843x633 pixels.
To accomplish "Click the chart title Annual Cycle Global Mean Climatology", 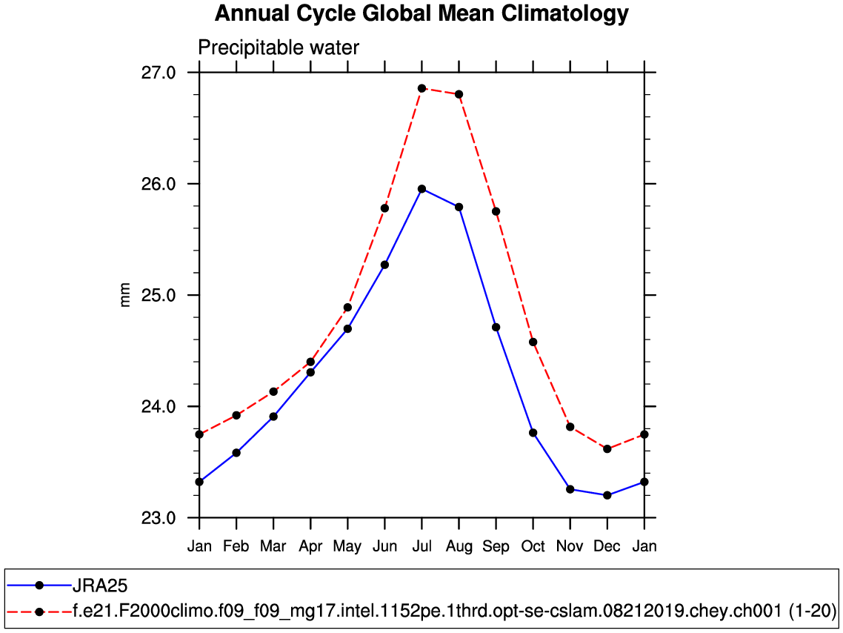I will (x=421, y=13).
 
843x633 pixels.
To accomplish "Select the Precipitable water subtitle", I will (x=279, y=48).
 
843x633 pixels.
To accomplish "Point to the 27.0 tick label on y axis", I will (x=159, y=73).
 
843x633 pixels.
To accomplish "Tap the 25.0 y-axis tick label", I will (x=159, y=295).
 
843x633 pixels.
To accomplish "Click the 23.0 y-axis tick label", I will (x=159, y=517).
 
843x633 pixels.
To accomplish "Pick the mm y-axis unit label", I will (x=125, y=295).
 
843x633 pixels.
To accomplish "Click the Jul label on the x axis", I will (x=421, y=547).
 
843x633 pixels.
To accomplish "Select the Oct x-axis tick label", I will (x=533, y=547).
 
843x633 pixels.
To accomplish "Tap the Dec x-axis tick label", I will (x=607, y=547).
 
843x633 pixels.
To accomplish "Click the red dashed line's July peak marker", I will (x=421, y=88).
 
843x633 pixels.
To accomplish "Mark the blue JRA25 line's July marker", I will (x=421, y=189).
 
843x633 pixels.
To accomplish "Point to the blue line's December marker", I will (x=607, y=495).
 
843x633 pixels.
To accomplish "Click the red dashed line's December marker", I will (x=607, y=449).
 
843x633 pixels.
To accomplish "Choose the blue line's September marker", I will (x=496, y=327).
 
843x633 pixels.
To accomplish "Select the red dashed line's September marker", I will (x=496, y=211).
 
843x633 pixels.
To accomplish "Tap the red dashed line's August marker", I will (x=459, y=94).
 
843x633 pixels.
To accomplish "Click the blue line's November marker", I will (x=570, y=489).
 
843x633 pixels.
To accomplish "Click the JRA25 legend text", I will (x=100, y=586).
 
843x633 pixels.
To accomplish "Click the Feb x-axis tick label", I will (x=236, y=547).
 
